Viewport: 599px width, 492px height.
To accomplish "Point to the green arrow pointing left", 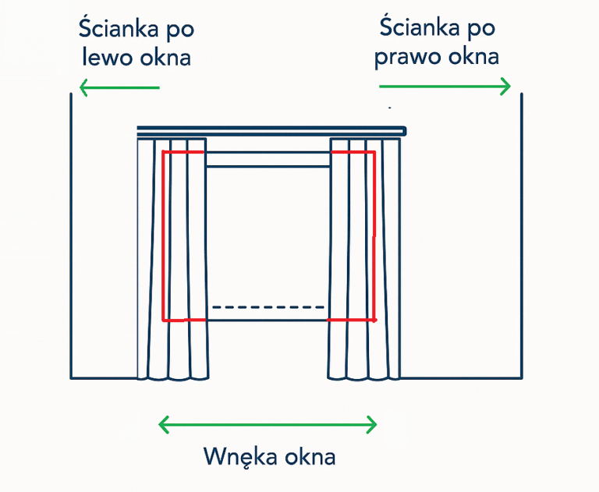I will [x=119, y=87].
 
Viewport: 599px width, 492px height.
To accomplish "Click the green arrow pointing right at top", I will [x=445, y=86].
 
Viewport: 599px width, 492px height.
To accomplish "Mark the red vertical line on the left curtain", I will [x=162, y=234].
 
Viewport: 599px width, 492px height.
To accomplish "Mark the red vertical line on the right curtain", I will [x=374, y=234].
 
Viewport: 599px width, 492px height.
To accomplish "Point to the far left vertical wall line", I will [x=71, y=234].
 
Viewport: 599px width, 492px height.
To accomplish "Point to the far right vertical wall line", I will [x=521, y=234].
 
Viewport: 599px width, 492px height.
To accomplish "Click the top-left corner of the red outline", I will [x=162, y=152].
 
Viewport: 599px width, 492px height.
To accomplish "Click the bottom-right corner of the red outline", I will [x=374, y=320].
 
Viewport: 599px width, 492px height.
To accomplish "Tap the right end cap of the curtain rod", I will [x=404, y=131].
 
